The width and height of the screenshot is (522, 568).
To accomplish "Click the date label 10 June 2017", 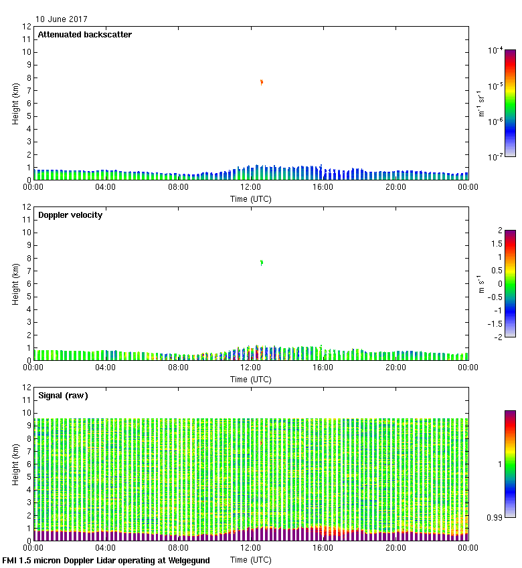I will (61, 19).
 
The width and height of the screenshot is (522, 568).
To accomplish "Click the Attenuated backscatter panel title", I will (84, 35).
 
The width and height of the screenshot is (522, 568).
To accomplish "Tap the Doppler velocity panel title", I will (71, 215).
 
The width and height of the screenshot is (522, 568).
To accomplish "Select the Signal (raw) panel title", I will (63, 396).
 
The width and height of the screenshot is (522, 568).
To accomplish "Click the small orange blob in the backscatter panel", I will (262, 82).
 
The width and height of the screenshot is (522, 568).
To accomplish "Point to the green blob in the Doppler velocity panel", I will (262, 263).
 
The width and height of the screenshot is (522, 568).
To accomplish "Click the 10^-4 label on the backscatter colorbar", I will (496, 50).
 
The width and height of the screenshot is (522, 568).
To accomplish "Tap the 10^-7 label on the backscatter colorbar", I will (496, 157).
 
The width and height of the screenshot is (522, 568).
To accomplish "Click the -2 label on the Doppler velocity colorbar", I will (497, 337).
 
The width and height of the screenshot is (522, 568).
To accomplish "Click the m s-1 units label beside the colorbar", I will (481, 284).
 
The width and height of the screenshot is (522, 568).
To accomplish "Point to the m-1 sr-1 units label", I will (481, 104).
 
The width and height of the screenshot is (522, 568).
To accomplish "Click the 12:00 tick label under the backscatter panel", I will (251, 187).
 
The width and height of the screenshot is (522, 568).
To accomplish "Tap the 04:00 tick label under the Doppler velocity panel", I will (106, 368).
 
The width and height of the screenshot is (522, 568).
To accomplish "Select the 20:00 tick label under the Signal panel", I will (396, 548).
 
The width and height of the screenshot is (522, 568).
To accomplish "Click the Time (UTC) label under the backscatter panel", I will (251, 198).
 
